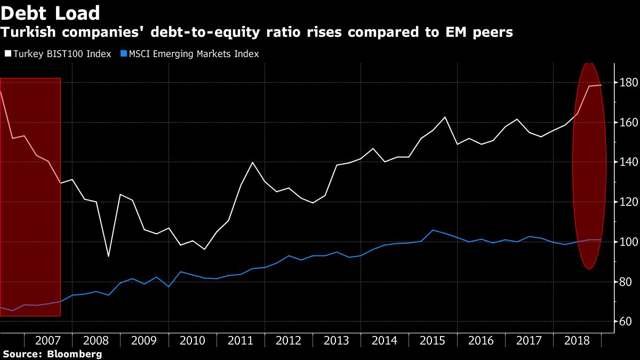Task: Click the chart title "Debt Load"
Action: (51, 13)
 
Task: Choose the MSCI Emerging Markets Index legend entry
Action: (190, 54)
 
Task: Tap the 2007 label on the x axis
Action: (47, 341)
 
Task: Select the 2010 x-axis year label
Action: (192, 341)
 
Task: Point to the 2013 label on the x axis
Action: (337, 341)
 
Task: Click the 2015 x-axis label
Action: (433, 341)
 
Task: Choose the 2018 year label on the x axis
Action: (577, 341)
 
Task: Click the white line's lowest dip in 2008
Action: (108, 257)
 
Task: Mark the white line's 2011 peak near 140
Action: (252, 162)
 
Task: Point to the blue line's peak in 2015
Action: (433, 230)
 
